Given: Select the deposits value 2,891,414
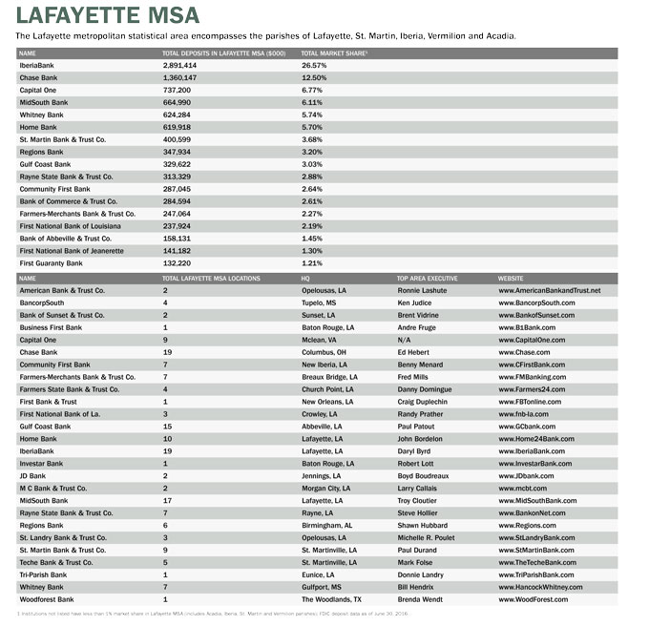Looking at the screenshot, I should [x=180, y=65].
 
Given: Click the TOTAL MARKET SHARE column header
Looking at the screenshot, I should [x=334, y=52].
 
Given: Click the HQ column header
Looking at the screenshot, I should [x=305, y=277].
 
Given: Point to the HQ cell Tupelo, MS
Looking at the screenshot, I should [x=319, y=303].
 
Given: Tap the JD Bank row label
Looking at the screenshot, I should [x=34, y=476].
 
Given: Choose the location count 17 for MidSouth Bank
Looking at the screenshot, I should [x=167, y=501].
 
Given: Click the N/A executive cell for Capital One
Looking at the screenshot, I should [x=404, y=340].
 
